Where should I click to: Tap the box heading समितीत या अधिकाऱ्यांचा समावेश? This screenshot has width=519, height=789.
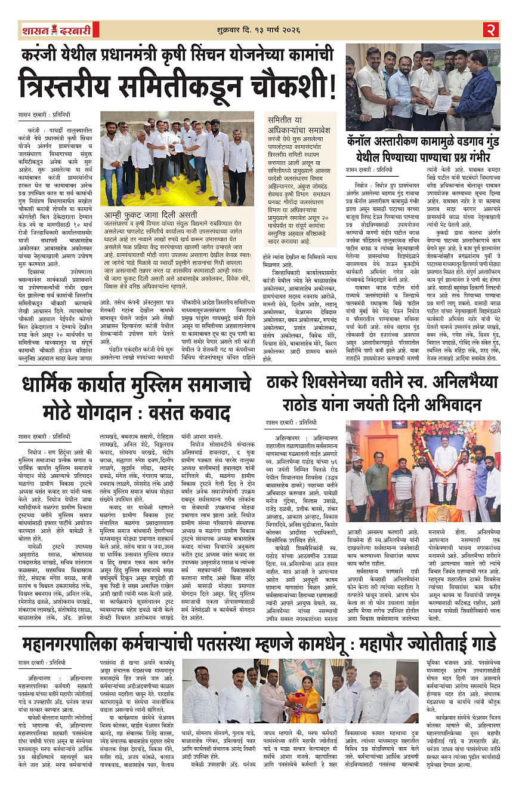click(x=298, y=125)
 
